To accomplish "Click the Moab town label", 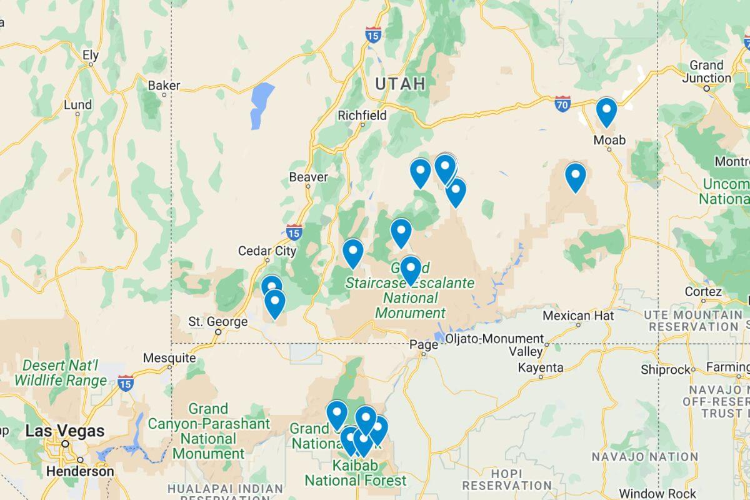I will (609, 140).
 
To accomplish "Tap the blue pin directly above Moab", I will (606, 111).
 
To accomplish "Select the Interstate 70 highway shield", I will (562, 105).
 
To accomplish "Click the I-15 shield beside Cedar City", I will (294, 232).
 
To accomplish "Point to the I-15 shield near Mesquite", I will (126, 383).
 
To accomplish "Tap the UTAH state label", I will (400, 84).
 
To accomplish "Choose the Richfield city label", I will (362, 115).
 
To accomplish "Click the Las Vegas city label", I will (65, 431).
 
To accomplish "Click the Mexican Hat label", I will (578, 316).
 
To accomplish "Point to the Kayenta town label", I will (541, 368).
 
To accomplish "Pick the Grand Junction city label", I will (706, 71).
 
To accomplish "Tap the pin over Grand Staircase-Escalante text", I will (410, 269).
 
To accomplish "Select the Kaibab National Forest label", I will (355, 473).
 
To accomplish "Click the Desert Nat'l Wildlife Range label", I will (61, 372).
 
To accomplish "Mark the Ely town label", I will (91, 55).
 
